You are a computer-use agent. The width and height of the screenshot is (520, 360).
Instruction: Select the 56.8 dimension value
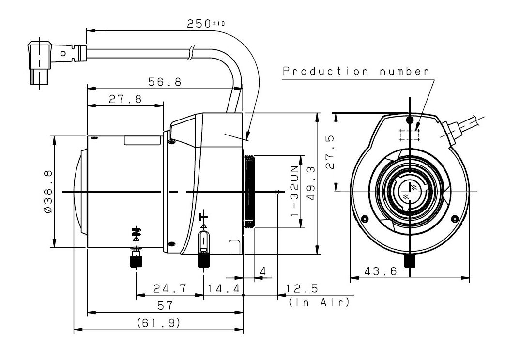[165, 82]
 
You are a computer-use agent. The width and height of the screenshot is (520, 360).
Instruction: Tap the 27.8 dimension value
[125, 99]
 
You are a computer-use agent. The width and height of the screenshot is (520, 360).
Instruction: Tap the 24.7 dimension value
[170, 289]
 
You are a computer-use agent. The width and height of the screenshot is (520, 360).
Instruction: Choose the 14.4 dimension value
[223, 289]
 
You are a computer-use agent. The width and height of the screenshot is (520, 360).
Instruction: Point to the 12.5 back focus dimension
[302, 289]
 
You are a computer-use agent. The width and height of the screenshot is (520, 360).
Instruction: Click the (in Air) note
[319, 303]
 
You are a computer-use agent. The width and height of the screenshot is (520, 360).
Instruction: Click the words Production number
[356, 71]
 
